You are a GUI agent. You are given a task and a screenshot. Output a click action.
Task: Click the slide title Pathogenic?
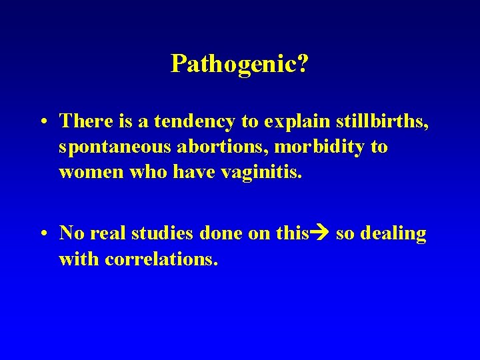tap(239, 64)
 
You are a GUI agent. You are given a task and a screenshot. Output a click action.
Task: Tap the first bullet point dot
tap(42, 122)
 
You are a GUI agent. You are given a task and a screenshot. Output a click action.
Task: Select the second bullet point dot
tap(42, 234)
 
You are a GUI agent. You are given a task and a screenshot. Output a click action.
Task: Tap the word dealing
tap(393, 233)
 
